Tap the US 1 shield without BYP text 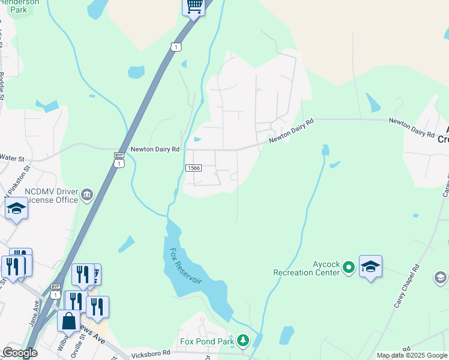175,46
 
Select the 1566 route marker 193,168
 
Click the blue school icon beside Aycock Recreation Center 370,267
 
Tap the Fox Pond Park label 206,342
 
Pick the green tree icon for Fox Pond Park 243,341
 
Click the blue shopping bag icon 68,320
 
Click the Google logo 20,353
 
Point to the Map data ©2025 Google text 412,355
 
